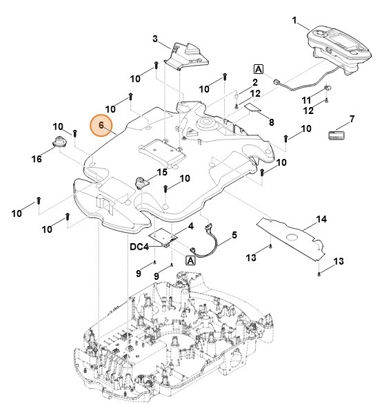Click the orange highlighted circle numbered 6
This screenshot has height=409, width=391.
pos(102,126)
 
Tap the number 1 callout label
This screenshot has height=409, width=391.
pos(294,21)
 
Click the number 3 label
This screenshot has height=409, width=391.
pos(155,38)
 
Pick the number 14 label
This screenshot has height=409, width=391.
pos(321,220)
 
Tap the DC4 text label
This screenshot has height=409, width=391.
pos(139,247)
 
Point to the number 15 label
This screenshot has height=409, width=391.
pos(162,172)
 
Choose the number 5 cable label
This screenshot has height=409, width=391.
pos(234,235)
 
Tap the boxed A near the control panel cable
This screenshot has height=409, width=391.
pos(259,69)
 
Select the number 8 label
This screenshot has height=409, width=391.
pos(271,122)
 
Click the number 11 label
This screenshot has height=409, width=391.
pos(306,100)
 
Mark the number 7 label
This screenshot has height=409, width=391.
pos(352,119)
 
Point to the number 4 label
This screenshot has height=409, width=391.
pos(190,226)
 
